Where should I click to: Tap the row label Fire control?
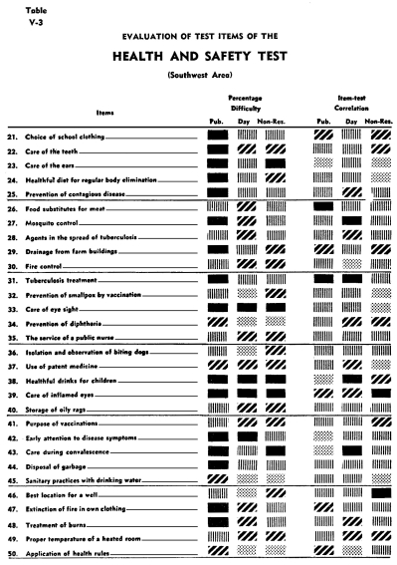(x=55, y=266)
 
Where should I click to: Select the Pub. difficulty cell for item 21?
(x=218, y=134)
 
